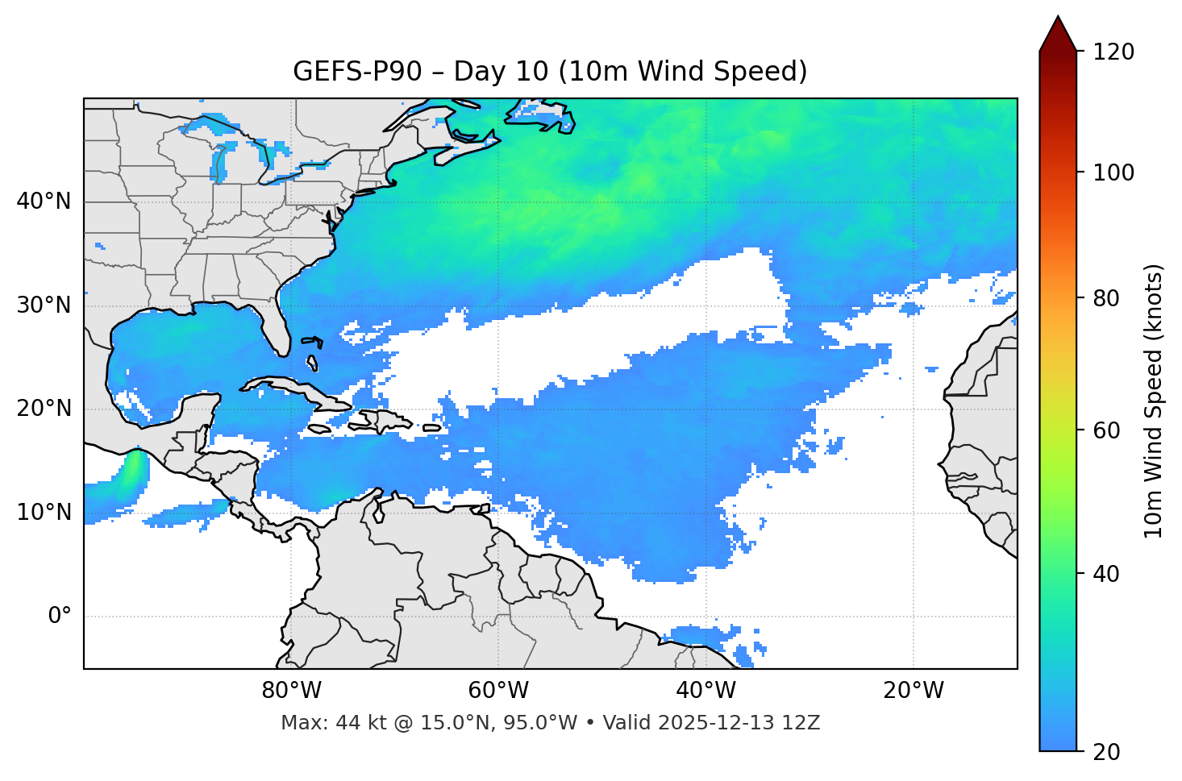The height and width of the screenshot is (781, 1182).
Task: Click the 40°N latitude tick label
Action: point(44,201)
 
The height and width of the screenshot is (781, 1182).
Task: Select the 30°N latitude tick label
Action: point(44,305)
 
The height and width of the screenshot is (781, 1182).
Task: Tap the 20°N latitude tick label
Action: point(44,409)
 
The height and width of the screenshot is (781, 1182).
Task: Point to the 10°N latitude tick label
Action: point(44,513)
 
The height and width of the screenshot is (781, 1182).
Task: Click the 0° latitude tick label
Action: point(60,617)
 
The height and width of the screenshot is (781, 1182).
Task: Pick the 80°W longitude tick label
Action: point(291,691)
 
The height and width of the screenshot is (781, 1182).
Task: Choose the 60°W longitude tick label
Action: point(498,691)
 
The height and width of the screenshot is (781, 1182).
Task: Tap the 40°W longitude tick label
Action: point(705,691)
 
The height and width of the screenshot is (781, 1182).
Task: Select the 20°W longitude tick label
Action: point(913,691)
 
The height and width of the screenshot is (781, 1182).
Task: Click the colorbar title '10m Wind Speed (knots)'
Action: point(1154,401)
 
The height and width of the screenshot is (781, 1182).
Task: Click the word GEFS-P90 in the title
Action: point(357,72)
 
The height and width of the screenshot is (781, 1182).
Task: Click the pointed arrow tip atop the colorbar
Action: point(1058,20)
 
